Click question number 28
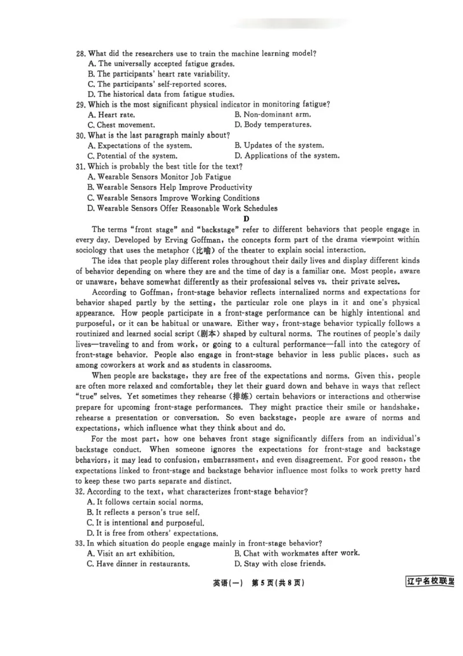coord(80,53)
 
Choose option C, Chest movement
coord(122,124)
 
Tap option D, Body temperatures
coord(273,124)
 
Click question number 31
coord(80,166)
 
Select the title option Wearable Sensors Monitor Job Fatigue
coord(159,177)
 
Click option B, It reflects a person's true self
coord(145,512)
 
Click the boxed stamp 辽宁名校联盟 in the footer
coord(429,582)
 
